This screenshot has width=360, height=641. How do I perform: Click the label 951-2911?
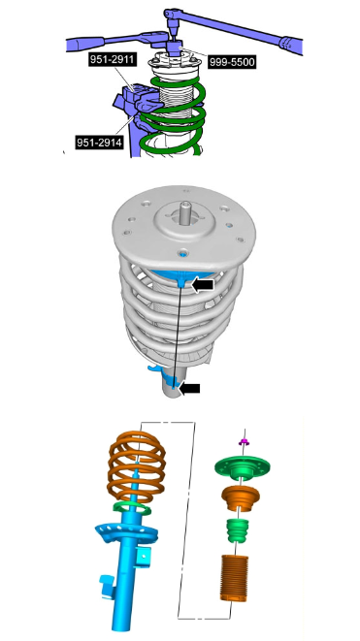click(112, 60)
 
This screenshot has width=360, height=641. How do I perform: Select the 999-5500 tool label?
click(232, 62)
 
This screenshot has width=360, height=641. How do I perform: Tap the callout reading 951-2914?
click(99, 143)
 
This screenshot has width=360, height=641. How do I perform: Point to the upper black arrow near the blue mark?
click(203, 285)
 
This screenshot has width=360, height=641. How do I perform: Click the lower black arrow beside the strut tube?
click(189, 388)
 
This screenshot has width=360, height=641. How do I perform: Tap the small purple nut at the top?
click(245, 442)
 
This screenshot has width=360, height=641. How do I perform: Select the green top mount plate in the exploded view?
click(243, 468)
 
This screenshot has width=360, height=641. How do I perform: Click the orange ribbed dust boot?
click(234, 577)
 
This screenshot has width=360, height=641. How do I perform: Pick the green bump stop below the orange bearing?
click(238, 530)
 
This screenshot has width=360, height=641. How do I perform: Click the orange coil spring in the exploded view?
click(136, 466)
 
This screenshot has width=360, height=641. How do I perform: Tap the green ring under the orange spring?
click(132, 508)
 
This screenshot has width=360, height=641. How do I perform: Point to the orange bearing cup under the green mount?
click(241, 497)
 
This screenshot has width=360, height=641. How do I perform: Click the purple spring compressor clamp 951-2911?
click(137, 98)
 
